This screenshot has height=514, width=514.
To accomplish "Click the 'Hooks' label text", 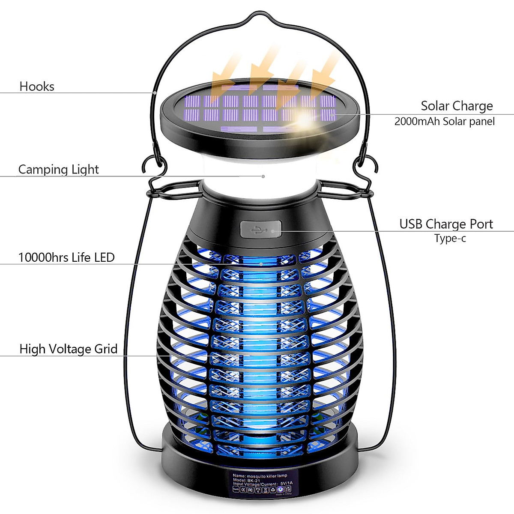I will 37,87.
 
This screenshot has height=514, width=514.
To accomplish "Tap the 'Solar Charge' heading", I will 457,106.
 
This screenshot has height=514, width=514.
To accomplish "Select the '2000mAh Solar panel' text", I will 444,122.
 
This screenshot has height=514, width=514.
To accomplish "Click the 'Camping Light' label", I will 58,170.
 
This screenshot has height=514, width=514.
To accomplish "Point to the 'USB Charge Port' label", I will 446,224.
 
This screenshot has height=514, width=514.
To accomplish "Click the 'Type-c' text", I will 450,239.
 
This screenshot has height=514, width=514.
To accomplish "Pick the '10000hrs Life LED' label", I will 66,257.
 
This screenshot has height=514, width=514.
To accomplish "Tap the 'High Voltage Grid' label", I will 69,349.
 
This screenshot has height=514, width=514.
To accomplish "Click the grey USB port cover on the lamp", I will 261,229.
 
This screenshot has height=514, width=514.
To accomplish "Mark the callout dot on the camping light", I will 263,176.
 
